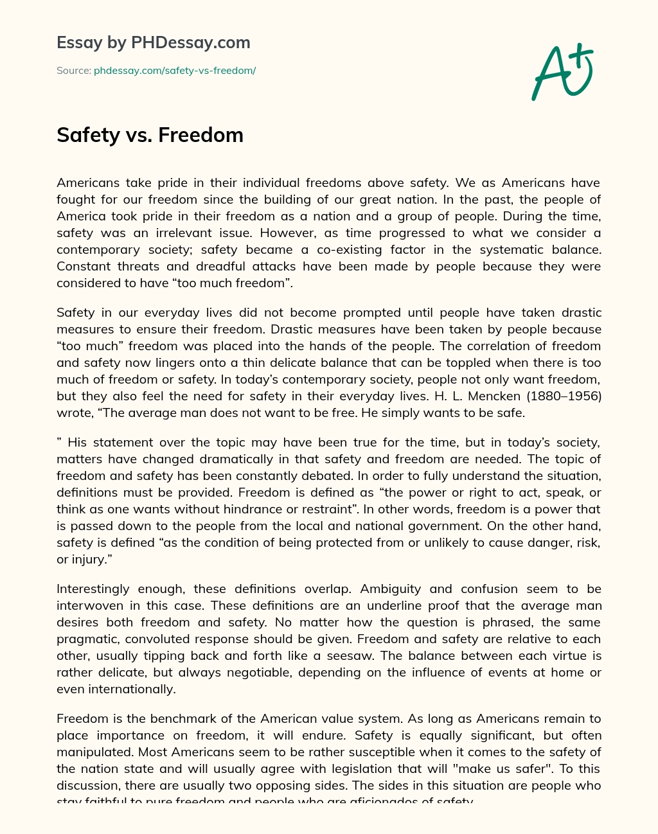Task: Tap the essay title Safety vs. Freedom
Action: click(x=150, y=135)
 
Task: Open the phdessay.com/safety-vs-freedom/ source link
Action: click(x=175, y=71)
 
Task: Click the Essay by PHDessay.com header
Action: click(x=154, y=42)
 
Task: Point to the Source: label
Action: click(x=73, y=71)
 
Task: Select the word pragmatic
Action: click(x=88, y=639)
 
